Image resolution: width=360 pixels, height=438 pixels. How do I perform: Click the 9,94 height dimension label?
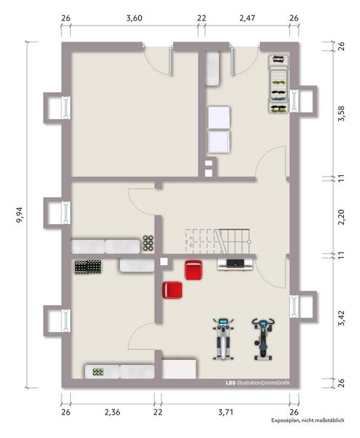click(18, 215)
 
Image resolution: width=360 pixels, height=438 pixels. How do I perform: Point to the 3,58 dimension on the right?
click(341, 112)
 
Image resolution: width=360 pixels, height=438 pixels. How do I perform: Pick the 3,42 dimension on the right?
click(341, 318)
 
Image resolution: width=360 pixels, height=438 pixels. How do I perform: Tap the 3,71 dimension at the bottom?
click(227, 412)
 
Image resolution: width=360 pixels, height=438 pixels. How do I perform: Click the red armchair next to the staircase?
click(194, 269)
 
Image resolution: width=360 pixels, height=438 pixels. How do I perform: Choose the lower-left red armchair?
click(172, 290)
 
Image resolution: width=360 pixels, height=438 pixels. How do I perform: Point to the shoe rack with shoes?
click(277, 83)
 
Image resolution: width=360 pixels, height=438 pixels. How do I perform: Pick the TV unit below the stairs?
click(235, 264)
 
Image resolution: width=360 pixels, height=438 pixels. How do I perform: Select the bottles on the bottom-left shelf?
click(96, 372)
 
